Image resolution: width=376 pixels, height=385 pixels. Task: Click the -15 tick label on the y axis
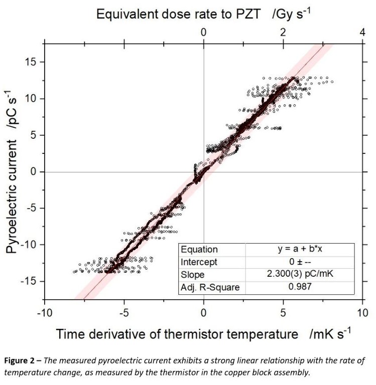[x=29, y=281]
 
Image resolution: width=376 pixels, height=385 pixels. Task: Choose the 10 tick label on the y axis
[x=31, y=98]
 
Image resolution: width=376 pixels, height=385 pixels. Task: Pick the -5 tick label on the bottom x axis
[x=124, y=313]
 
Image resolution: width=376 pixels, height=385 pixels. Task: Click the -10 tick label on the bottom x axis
[x=44, y=313]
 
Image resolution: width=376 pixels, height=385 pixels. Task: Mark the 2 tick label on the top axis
[x=283, y=32]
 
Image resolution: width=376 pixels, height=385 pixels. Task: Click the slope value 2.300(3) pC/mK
[x=300, y=275]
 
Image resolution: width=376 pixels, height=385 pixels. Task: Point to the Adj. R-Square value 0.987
[x=300, y=288]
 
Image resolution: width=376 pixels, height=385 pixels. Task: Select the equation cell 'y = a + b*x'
[x=300, y=250]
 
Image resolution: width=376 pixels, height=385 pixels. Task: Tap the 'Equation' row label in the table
[x=199, y=250]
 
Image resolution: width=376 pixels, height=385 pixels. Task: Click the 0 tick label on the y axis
[x=34, y=171]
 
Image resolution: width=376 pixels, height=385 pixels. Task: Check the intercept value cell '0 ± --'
[x=300, y=262]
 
